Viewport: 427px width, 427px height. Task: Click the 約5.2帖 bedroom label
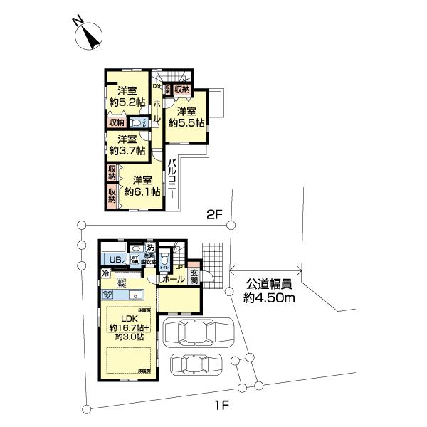127,96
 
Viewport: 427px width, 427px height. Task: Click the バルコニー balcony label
172,181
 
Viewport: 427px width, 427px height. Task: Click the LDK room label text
127,318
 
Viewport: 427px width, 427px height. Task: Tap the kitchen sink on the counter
136,293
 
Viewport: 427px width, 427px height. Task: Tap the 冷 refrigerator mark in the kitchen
105,273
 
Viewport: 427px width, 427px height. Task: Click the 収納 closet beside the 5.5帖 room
181,90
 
